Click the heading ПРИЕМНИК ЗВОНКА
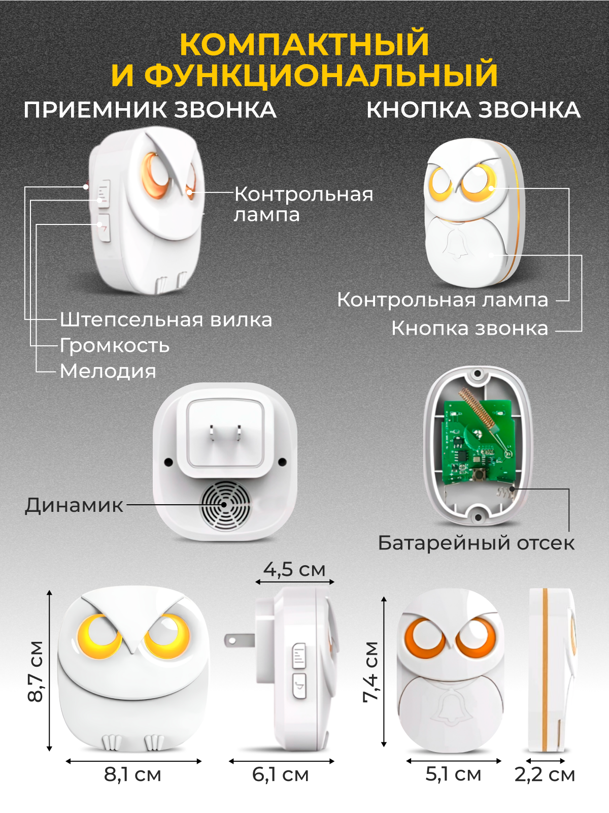tap(150, 110)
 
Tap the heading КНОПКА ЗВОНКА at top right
tap(473, 110)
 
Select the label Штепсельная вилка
tap(166, 320)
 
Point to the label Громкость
tap(115, 345)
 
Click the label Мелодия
tap(108, 371)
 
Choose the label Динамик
tap(74, 505)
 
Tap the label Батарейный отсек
tap(476, 543)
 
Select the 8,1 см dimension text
tap(133, 774)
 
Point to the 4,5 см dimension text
tap(294, 569)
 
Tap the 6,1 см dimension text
tap(281, 774)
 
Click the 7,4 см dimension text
tap(371, 671)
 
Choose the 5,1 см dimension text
tap(453, 774)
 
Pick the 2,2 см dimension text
tap(545, 774)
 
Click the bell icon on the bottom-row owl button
tap(450, 708)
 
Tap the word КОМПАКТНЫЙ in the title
tap(304, 44)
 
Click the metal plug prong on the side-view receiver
tap(239, 640)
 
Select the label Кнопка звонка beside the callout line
tap(469, 329)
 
